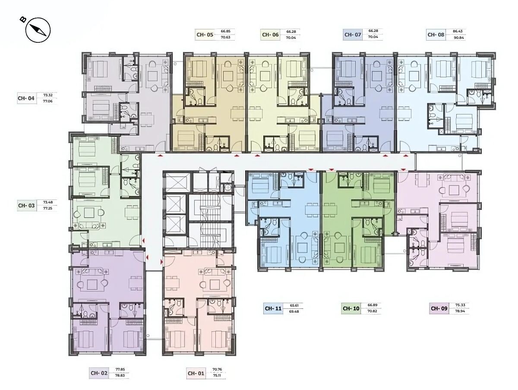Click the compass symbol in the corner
click(x=38, y=30)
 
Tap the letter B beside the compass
click(x=23, y=20)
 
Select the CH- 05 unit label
click(x=205, y=35)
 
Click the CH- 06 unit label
click(x=271, y=35)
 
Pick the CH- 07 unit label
click(x=353, y=35)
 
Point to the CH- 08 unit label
click(x=436, y=35)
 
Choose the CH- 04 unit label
click(x=26, y=98)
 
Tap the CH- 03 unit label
click(x=26, y=206)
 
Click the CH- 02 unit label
click(x=99, y=373)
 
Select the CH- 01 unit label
click(x=196, y=373)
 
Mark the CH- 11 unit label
click(x=273, y=308)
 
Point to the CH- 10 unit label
click(x=351, y=308)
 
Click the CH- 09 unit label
click(x=439, y=308)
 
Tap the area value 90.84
click(x=458, y=38)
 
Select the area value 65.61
click(x=294, y=305)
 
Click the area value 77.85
click(x=120, y=369)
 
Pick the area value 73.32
click(x=48, y=95)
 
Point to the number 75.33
click(x=460, y=305)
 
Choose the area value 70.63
click(x=225, y=37)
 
